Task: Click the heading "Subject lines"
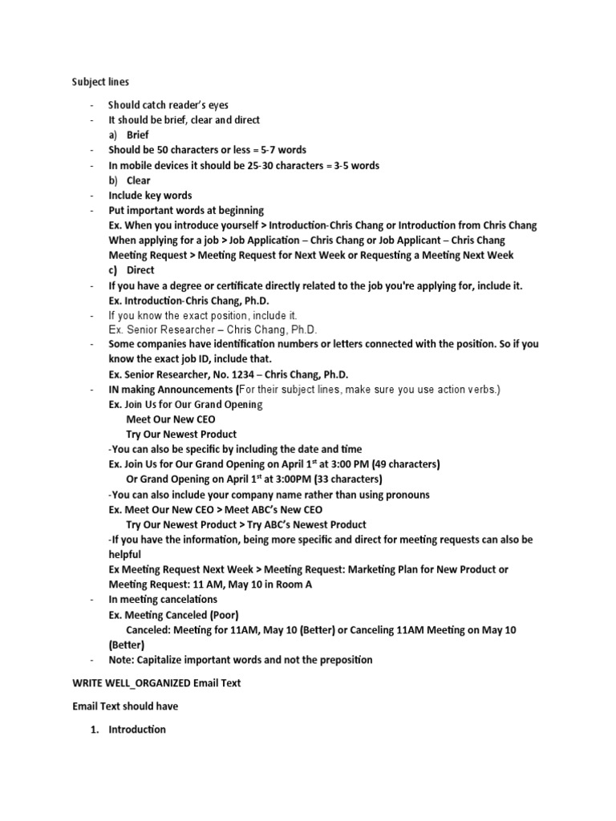100,82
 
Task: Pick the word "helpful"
125,555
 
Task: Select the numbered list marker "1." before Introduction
96,730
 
